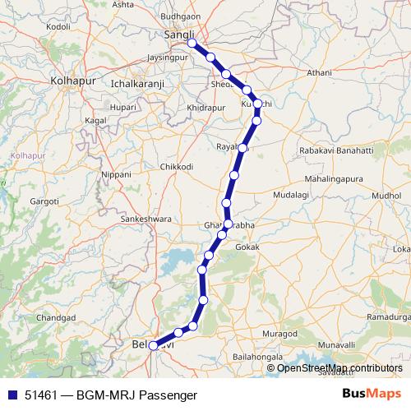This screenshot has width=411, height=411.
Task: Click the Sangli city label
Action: (x=180, y=35)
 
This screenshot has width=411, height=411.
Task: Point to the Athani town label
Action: (x=319, y=73)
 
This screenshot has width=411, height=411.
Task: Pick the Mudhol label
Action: (x=387, y=196)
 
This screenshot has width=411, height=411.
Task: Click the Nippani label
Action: (x=115, y=176)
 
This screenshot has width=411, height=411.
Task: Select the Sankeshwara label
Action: (x=145, y=219)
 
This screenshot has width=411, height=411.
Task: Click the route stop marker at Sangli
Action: (x=192, y=44)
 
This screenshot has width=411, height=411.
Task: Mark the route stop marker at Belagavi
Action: (x=154, y=346)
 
